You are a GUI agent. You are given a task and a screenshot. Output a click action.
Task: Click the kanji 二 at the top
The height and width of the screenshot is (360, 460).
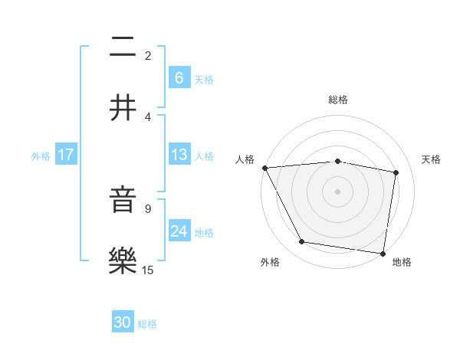coord(123,47)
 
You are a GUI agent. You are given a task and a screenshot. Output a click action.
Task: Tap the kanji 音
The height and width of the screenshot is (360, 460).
coord(123,201)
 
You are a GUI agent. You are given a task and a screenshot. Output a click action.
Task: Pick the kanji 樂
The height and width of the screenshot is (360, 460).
coord(123,261)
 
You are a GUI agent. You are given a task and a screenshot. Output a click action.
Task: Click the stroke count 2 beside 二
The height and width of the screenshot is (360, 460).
coord(148,56)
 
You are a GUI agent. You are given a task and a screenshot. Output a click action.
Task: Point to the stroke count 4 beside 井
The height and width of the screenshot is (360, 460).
coord(148,116)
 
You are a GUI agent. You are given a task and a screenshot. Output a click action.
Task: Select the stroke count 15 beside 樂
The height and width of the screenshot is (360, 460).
coord(148,270)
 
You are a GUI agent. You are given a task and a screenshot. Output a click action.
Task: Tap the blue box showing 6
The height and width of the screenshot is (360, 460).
coord(179,77)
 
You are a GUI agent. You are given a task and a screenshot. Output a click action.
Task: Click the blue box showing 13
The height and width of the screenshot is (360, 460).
coord(179,155)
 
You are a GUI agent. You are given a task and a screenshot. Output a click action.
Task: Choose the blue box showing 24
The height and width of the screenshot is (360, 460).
coord(179,231)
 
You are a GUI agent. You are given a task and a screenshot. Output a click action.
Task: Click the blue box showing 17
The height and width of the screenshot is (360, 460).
coord(66,155)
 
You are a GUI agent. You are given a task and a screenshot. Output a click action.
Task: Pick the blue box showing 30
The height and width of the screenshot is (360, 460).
coord(123,322)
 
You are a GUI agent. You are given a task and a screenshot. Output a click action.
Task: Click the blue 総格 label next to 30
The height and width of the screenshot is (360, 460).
coord(147,324)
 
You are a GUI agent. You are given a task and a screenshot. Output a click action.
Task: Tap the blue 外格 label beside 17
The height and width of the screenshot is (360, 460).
coord(41,155)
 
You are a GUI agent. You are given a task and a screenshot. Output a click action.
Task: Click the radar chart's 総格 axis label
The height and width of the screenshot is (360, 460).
coord(338,100)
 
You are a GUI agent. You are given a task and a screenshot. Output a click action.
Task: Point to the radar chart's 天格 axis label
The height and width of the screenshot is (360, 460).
coord(432,159)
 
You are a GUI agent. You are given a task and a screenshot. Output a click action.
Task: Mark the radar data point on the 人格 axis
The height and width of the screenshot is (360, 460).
coord(264,168)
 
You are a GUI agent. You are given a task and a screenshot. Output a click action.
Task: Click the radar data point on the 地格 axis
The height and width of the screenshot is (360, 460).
coord(383,253)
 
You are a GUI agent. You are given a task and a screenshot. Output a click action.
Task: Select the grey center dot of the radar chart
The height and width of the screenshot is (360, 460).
coord(338,191)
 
